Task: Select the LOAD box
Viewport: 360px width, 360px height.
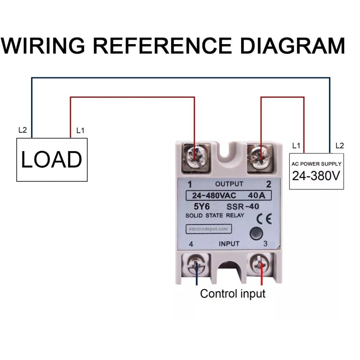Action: click(x=52, y=160)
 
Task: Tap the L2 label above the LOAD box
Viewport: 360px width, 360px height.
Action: click(x=22, y=130)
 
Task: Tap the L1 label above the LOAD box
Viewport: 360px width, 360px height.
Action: click(x=81, y=130)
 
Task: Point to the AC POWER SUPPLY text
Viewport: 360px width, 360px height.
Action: click(x=316, y=164)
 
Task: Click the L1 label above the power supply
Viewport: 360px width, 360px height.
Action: click(x=296, y=146)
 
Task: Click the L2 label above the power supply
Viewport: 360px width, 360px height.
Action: click(x=339, y=146)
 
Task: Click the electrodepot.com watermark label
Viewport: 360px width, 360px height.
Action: click(x=207, y=229)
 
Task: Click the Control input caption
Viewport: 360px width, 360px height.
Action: click(x=233, y=294)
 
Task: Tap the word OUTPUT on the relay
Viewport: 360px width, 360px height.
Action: click(x=229, y=184)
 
